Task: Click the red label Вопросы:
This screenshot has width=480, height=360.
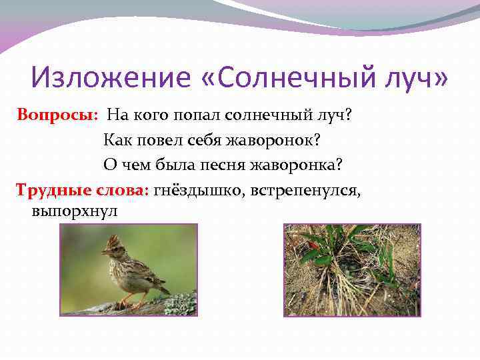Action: point(58,114)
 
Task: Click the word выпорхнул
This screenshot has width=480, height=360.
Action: point(74,212)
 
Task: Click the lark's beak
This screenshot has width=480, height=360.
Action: point(104,252)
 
